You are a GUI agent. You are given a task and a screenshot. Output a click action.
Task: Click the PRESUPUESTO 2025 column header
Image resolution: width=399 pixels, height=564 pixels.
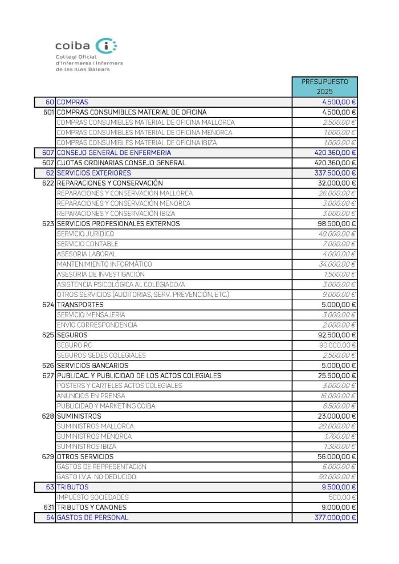(324, 87)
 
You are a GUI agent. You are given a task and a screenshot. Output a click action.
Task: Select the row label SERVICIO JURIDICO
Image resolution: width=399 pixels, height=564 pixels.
(85, 234)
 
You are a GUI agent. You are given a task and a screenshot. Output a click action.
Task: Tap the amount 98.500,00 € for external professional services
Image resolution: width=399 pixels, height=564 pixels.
(336, 224)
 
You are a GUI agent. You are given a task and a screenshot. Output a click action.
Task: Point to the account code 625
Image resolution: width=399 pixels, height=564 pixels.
(48, 335)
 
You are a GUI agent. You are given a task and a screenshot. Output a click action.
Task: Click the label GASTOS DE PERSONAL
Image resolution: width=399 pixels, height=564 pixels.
(92, 517)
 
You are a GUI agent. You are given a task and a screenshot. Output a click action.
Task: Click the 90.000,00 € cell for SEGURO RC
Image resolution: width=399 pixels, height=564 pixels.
(337, 345)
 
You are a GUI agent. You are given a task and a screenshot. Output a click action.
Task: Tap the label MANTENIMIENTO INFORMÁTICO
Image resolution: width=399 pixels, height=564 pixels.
(104, 264)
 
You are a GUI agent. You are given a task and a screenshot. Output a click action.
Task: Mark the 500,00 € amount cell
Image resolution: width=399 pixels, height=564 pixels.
(344, 497)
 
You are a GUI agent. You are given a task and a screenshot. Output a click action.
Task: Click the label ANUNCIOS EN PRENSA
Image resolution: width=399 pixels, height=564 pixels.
(91, 396)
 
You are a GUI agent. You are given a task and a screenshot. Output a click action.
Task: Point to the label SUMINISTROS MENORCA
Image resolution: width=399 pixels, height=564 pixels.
(94, 436)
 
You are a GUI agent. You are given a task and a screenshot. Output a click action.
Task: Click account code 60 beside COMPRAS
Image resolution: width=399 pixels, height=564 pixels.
(50, 102)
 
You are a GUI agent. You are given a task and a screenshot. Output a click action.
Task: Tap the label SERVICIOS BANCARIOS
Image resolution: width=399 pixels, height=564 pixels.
(92, 365)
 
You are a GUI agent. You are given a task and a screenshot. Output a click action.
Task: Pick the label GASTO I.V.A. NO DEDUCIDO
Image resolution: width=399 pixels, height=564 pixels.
(96, 477)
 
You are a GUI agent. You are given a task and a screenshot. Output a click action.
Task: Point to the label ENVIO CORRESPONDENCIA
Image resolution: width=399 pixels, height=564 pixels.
(97, 325)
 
